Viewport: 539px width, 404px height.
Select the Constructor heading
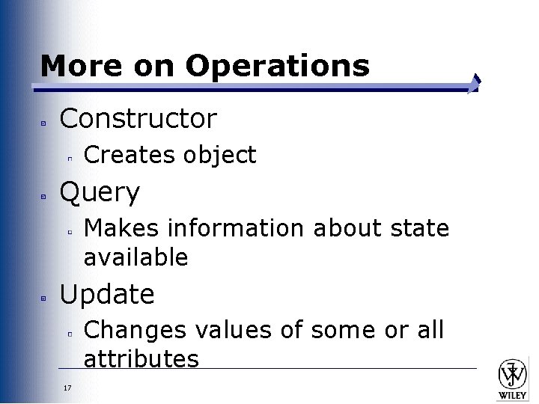pyautogui.click(x=138, y=117)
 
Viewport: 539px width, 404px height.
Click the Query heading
pyautogui.click(x=100, y=193)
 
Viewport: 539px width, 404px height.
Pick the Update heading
pyautogui.click(x=107, y=294)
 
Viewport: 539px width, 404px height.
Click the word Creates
pyautogui.click(x=128, y=155)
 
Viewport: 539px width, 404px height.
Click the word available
pyautogui.click(x=135, y=257)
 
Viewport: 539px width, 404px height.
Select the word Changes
pyautogui.click(x=131, y=329)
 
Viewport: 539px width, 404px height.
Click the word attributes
pyautogui.click(x=141, y=359)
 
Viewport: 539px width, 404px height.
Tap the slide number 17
pyautogui.click(x=67, y=388)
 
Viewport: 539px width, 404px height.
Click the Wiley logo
pyautogui.click(x=513, y=378)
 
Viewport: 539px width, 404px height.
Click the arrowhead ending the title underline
pyautogui.click(x=474, y=85)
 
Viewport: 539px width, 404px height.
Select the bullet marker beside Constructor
pyautogui.click(x=44, y=120)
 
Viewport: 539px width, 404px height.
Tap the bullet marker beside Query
pyautogui.click(x=44, y=196)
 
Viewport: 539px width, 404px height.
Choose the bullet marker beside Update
pyautogui.click(x=44, y=297)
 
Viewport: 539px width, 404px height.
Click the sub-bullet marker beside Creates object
pyautogui.click(x=69, y=158)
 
